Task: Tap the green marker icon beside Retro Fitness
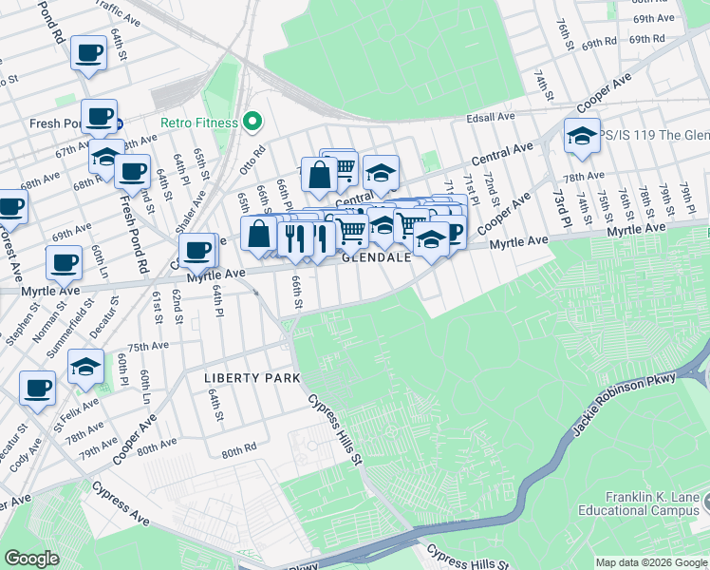[x=252, y=122]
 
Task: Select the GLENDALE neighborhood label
[x=376, y=257]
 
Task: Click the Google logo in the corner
[x=31, y=558]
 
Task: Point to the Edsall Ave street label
[x=490, y=117]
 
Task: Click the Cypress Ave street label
[x=121, y=503]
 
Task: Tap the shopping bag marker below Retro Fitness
[x=320, y=174]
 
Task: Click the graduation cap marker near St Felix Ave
[x=85, y=367]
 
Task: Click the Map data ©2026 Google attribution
[x=651, y=562]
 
